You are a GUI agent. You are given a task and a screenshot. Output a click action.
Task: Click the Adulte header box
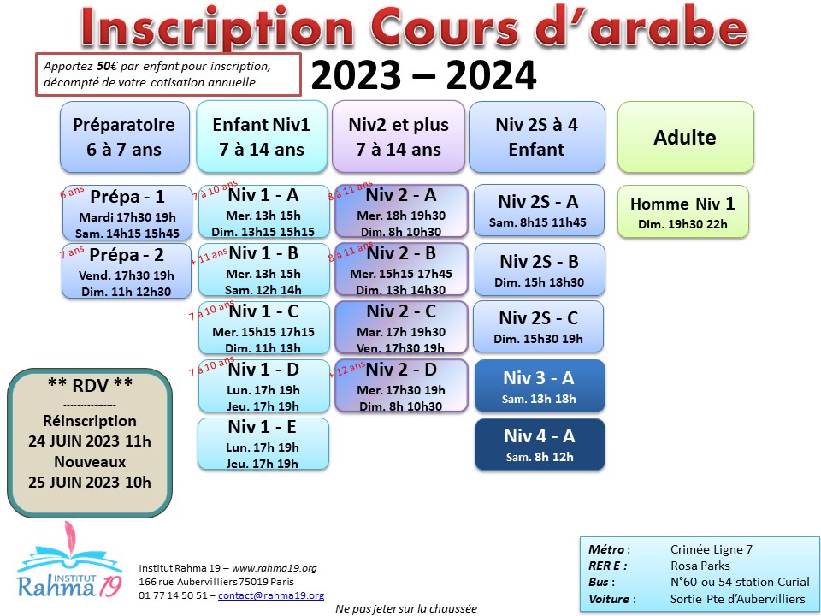coord(685,137)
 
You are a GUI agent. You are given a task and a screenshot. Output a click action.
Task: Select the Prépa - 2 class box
coord(127,271)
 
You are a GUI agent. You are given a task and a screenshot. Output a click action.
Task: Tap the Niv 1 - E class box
coord(263,444)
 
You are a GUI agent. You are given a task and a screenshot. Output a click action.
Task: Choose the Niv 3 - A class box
coord(540,386)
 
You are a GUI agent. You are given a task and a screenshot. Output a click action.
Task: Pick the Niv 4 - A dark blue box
coord(540,444)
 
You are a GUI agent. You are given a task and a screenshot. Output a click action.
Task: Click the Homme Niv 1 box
coord(682,211)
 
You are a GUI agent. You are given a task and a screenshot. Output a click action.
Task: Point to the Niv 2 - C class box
coord(401,328)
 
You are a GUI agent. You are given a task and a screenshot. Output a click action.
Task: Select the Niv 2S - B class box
coord(540,269)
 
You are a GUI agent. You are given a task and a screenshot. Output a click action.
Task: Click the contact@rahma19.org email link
coord(271,595)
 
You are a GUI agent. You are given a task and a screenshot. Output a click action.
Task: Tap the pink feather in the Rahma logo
coord(70,537)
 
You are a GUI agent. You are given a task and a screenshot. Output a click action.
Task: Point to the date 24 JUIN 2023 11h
coord(90,441)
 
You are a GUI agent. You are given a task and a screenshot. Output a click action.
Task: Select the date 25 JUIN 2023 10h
coord(90,482)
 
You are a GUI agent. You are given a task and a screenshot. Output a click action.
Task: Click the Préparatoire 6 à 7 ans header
coord(125,137)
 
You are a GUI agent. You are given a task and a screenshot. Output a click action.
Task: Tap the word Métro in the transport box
coord(606,549)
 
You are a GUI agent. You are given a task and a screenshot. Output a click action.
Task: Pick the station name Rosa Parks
coord(700,566)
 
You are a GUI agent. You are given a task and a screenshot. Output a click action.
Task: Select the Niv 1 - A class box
coord(264,211)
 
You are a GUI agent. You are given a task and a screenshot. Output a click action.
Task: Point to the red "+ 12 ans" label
coord(346,370)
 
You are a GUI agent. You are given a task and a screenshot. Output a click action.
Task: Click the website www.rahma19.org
coord(275,568)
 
